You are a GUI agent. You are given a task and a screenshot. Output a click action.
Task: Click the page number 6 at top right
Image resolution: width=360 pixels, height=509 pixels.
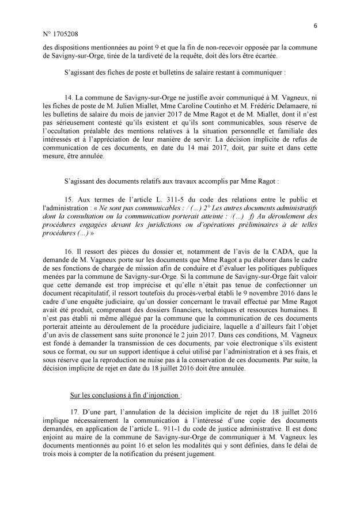pos(316,25)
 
